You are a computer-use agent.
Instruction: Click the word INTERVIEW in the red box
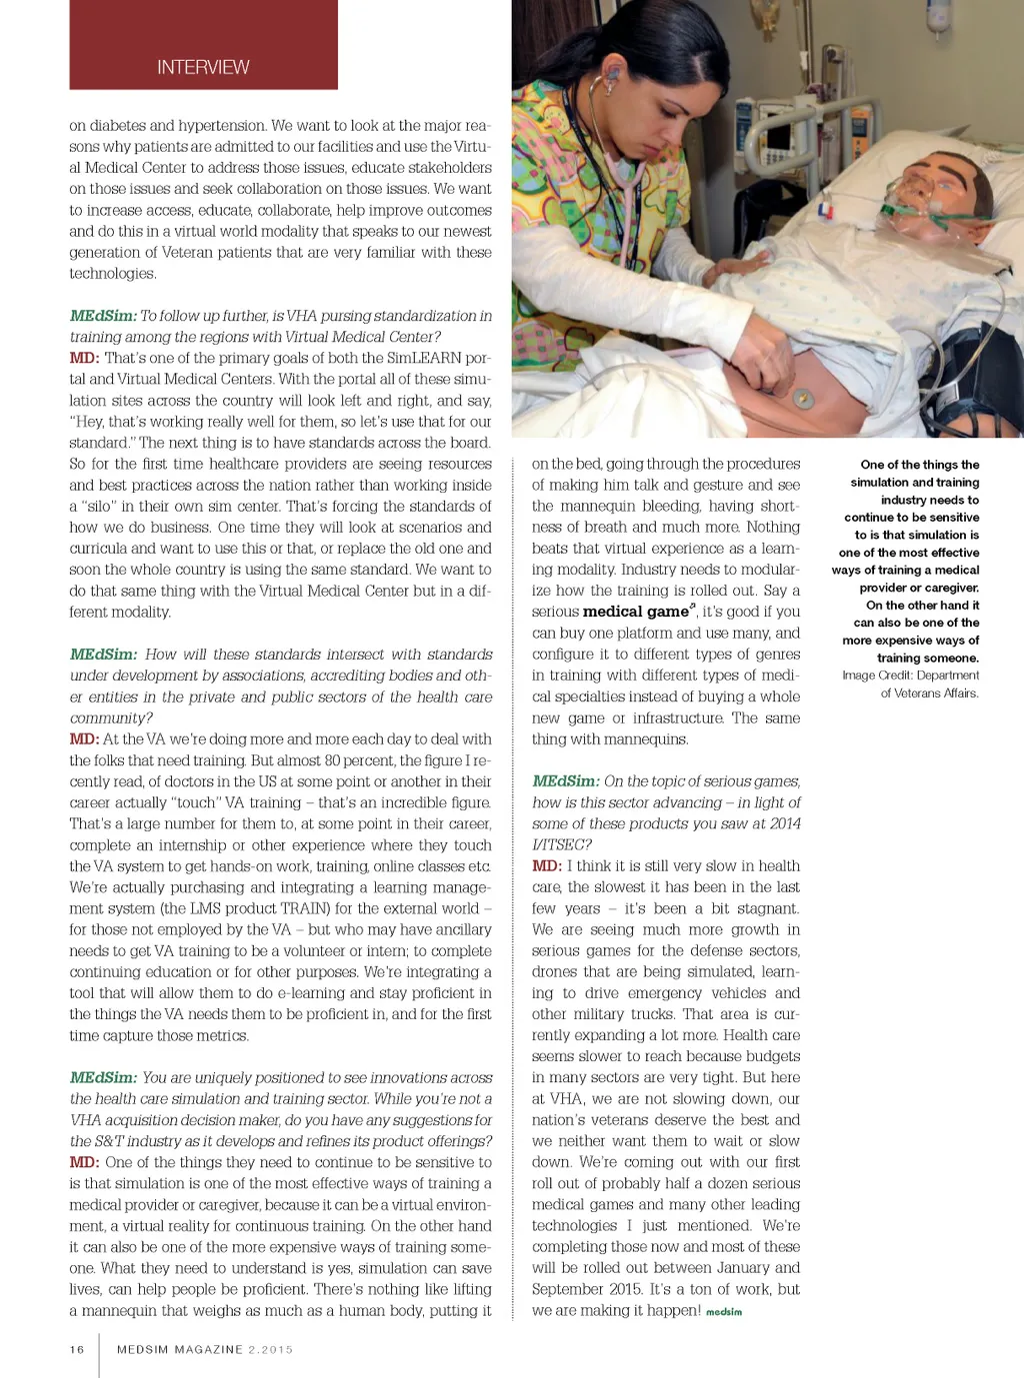pos(203,67)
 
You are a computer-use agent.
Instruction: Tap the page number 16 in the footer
pos(77,1349)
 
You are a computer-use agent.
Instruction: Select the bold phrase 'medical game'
pos(635,612)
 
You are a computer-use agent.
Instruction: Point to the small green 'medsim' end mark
pos(724,1312)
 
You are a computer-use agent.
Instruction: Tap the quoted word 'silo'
pos(96,506)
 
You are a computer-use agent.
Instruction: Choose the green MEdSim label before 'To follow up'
pos(102,316)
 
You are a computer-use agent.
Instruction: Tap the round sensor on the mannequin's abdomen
pos(803,399)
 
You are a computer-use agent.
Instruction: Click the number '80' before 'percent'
pos(332,760)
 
